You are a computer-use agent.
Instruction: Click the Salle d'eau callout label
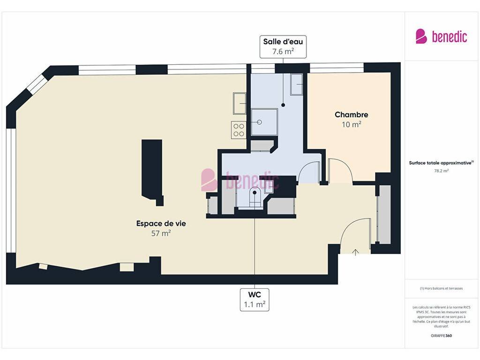[x=283, y=46]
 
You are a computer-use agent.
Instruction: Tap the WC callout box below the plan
[x=255, y=300]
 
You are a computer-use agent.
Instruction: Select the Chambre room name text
[x=352, y=114]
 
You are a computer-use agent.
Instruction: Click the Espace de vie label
[x=161, y=224]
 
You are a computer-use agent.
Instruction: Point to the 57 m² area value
[x=161, y=233]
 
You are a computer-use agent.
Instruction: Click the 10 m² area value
[x=352, y=124]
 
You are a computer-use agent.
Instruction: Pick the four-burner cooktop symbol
[x=239, y=130]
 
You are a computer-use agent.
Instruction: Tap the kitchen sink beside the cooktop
[x=240, y=104]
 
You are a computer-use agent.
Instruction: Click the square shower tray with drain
[x=264, y=122]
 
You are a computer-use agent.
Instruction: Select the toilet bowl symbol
[x=255, y=194]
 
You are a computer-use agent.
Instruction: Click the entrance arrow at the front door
[x=355, y=252]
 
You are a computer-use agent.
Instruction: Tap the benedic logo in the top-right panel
[x=441, y=37]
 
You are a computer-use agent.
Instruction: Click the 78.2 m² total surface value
[x=441, y=171]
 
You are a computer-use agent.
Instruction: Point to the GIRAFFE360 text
[x=441, y=336]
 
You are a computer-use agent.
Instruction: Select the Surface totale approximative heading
[x=441, y=163]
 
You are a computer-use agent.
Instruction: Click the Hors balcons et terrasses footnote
[x=441, y=288]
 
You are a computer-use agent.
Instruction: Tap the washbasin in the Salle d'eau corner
[x=297, y=84]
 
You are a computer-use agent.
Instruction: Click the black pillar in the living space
[x=152, y=172]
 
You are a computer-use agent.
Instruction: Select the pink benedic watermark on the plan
[x=240, y=180]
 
